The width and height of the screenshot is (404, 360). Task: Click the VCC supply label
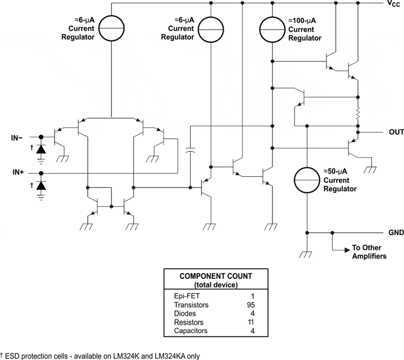[392, 4]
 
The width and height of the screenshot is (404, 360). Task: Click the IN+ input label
[19, 173]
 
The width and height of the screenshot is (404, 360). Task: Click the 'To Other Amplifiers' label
[369, 252]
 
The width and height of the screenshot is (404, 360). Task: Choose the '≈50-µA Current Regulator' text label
[340, 180]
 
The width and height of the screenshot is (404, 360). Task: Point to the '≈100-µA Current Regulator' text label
[305, 30]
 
